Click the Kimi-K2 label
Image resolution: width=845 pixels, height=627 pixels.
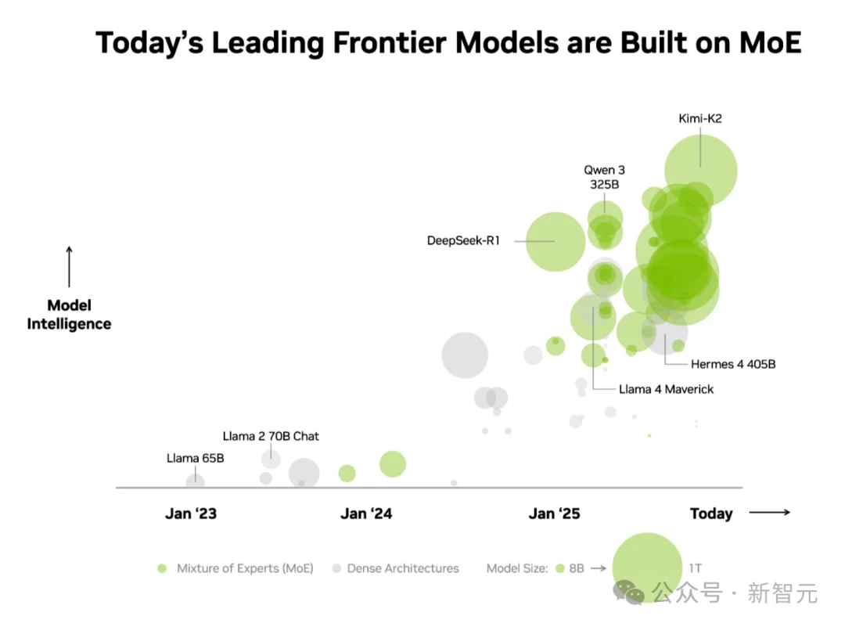click(x=699, y=119)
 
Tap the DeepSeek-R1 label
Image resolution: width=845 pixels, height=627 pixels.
click(x=463, y=240)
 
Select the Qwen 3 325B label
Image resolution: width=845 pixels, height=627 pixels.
click(x=604, y=177)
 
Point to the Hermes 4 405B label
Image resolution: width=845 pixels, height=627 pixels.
click(x=733, y=364)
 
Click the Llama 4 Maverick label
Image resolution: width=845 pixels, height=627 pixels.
click(x=666, y=388)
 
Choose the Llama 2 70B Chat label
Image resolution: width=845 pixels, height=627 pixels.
click(x=271, y=436)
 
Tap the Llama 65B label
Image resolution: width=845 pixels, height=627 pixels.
click(x=195, y=458)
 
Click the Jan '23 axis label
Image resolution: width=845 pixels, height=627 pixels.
click(x=191, y=513)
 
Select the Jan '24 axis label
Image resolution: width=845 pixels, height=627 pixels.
click(x=366, y=513)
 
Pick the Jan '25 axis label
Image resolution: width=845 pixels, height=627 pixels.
click(x=555, y=513)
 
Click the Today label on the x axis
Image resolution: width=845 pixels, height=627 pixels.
click(x=711, y=513)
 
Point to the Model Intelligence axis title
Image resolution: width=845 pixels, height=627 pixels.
click(x=69, y=315)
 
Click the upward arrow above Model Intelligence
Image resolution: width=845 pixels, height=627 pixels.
click(x=69, y=267)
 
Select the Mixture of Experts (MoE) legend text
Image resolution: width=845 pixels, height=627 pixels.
click(x=245, y=568)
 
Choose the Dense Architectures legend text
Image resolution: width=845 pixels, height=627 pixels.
click(x=403, y=568)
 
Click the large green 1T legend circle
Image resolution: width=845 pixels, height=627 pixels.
click(x=647, y=567)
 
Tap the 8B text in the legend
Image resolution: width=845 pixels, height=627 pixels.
click(x=576, y=568)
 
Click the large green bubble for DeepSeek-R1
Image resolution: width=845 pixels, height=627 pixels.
click(x=556, y=241)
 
